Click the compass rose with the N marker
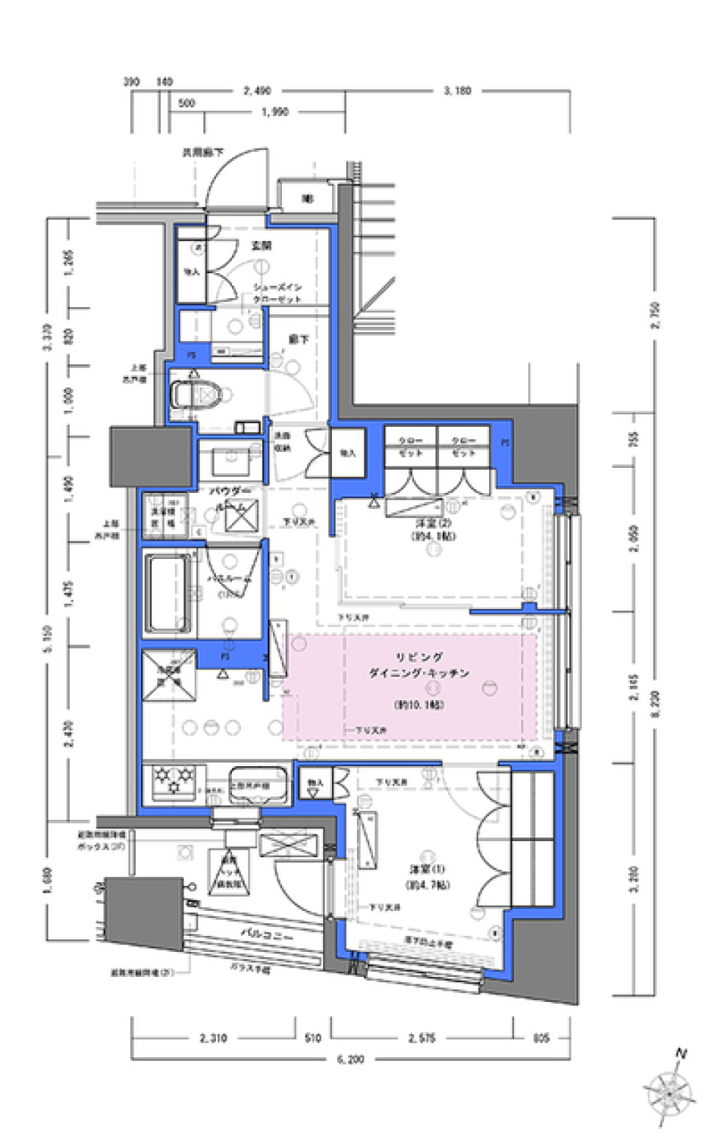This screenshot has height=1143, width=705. point(669,1095)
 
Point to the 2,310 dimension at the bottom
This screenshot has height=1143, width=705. point(212,1038)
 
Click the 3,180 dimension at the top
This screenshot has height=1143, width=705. point(457,92)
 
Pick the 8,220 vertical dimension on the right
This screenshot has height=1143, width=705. point(654,707)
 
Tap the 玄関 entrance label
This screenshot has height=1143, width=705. point(261,245)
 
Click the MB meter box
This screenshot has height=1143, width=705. point(306,198)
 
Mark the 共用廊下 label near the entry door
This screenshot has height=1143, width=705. point(203,154)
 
